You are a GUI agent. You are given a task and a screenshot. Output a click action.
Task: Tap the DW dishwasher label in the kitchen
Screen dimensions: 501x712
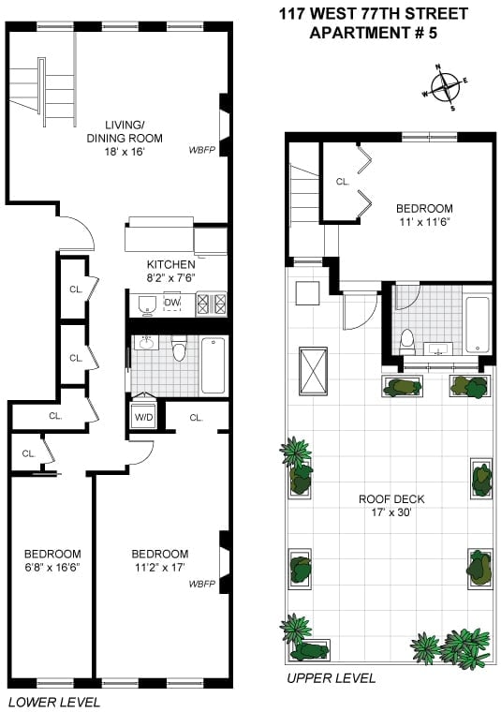[172, 303]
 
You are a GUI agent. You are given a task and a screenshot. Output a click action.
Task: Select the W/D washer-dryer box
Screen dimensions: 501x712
[143, 417]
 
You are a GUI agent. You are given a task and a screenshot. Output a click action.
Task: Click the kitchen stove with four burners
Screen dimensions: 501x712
[211, 304]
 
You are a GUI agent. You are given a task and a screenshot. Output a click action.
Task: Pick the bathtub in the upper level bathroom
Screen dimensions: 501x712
[477, 325]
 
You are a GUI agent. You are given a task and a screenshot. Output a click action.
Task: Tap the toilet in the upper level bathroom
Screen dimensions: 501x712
[407, 342]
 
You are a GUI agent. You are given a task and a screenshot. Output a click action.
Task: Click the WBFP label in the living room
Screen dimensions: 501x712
[202, 150]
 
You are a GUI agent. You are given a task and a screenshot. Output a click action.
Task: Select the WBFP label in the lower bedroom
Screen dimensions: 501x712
[202, 584]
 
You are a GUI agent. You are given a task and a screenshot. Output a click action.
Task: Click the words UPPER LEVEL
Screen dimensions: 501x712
[332, 678]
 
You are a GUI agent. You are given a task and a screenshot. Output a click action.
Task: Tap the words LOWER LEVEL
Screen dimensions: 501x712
[54, 702]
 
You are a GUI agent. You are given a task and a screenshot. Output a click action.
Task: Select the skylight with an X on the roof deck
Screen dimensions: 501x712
[313, 372]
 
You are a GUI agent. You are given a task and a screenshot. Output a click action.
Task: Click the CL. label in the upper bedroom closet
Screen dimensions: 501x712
[343, 182]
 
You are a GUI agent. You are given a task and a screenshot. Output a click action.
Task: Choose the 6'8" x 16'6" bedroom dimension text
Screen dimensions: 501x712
[52, 567]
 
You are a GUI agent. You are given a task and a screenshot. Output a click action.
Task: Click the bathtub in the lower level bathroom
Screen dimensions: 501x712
[213, 365]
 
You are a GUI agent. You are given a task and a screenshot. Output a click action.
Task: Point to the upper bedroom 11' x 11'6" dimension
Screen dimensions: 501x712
[424, 222]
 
